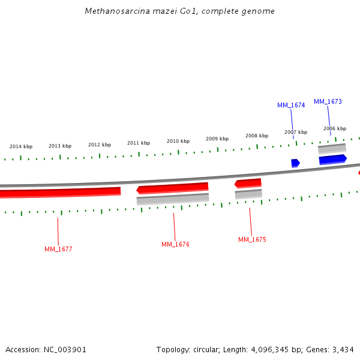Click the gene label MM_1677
tap(58, 249)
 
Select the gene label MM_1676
tap(175, 244)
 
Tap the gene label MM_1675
tap(252, 239)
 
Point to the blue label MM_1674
tap(291, 105)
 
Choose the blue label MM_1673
tap(328, 101)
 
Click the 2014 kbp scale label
tap(21, 146)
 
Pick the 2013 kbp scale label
tap(60, 146)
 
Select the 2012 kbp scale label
tap(100, 145)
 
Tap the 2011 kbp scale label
tap(139, 143)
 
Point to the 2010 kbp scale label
tap(178, 141)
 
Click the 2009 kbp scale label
tap(217, 139)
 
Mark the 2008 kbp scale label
tap(257, 136)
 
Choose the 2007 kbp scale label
tap(296, 132)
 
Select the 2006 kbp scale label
tap(335, 128)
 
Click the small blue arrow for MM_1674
tap(295, 163)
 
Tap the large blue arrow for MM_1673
tap(332, 159)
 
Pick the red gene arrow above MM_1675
tap(248, 183)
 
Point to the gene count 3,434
tap(342, 349)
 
